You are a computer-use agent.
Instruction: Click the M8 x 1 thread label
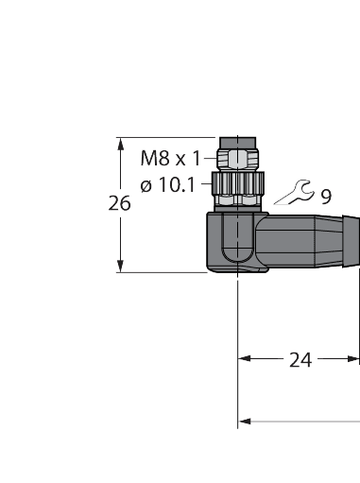(170, 157)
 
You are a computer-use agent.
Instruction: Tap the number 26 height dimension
(119, 203)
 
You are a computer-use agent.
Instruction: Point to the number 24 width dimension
(300, 359)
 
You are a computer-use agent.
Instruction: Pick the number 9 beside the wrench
(325, 197)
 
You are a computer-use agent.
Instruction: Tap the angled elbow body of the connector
(232, 241)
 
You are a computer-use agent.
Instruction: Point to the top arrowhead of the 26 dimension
(120, 144)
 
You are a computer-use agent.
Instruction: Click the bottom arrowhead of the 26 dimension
(120, 267)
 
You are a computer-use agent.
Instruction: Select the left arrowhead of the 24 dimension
(244, 359)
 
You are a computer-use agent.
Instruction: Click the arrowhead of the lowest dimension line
(244, 421)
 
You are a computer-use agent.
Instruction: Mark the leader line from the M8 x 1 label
(209, 158)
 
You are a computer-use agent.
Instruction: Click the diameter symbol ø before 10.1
(146, 186)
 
